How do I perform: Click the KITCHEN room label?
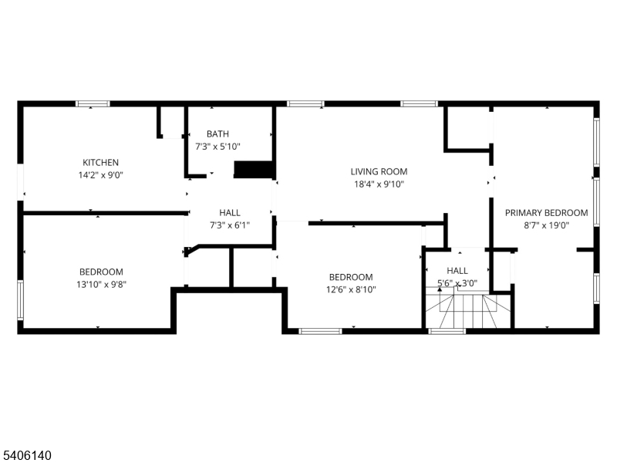[100, 162]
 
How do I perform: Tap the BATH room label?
[217, 133]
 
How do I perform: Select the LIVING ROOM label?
[379, 171]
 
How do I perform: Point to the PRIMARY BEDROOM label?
[547, 213]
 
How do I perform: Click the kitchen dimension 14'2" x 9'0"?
[101, 175]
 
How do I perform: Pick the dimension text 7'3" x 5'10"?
[217, 147]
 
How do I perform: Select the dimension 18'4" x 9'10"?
[379, 184]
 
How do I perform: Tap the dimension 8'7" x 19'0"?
[547, 225]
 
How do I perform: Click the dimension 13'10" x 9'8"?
[101, 284]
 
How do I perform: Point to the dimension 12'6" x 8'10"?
[351, 289]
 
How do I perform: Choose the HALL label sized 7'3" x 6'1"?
[230, 213]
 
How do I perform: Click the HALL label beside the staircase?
[457, 271]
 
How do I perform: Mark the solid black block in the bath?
[254, 169]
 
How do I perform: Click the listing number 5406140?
[26, 455]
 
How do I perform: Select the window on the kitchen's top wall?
[93, 103]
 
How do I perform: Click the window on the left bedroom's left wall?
[20, 299]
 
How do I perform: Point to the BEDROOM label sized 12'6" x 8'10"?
[351, 277]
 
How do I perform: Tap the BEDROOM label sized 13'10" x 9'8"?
[101, 272]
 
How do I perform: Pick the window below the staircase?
[447, 331]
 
